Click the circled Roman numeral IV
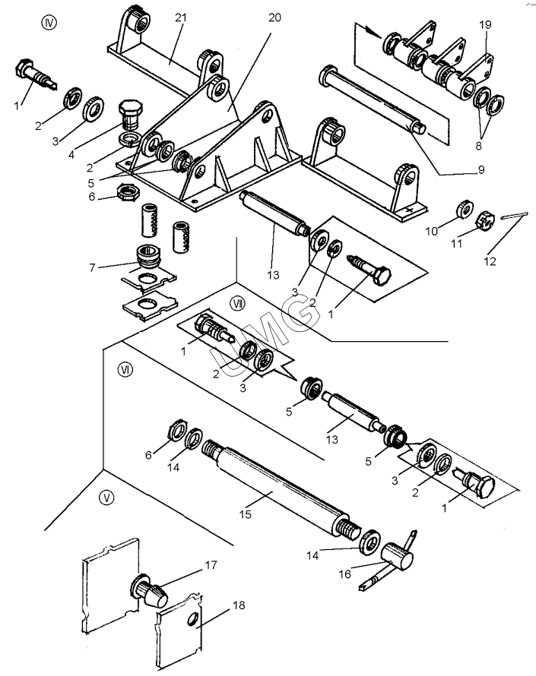point(50,22)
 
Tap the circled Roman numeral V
point(107,498)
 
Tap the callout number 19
point(485,24)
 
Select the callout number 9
point(480,170)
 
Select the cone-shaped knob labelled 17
point(152,591)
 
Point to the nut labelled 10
point(461,209)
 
